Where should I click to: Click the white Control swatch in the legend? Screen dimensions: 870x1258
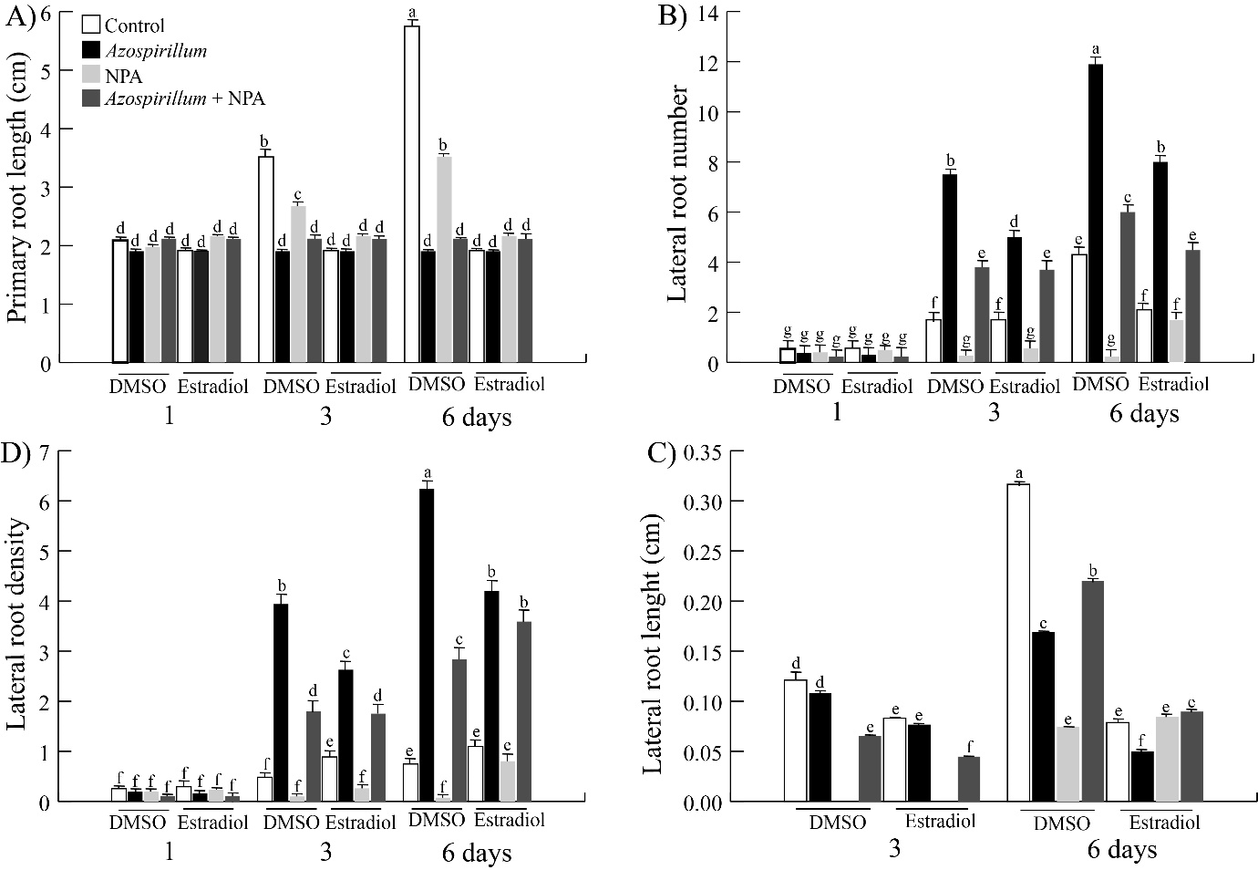pyautogui.click(x=91, y=26)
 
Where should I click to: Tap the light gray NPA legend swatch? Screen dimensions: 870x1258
pyautogui.click(x=91, y=74)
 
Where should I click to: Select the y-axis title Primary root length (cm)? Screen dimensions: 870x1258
pyautogui.click(x=16, y=184)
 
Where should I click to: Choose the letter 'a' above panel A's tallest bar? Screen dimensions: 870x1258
pyautogui.click(x=412, y=13)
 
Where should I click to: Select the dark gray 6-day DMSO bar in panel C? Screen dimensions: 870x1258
pyautogui.click(x=1090, y=690)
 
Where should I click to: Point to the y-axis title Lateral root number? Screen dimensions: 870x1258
pyautogui.click(x=679, y=192)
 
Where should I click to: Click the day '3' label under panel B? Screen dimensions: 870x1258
pyautogui.click(x=993, y=413)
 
